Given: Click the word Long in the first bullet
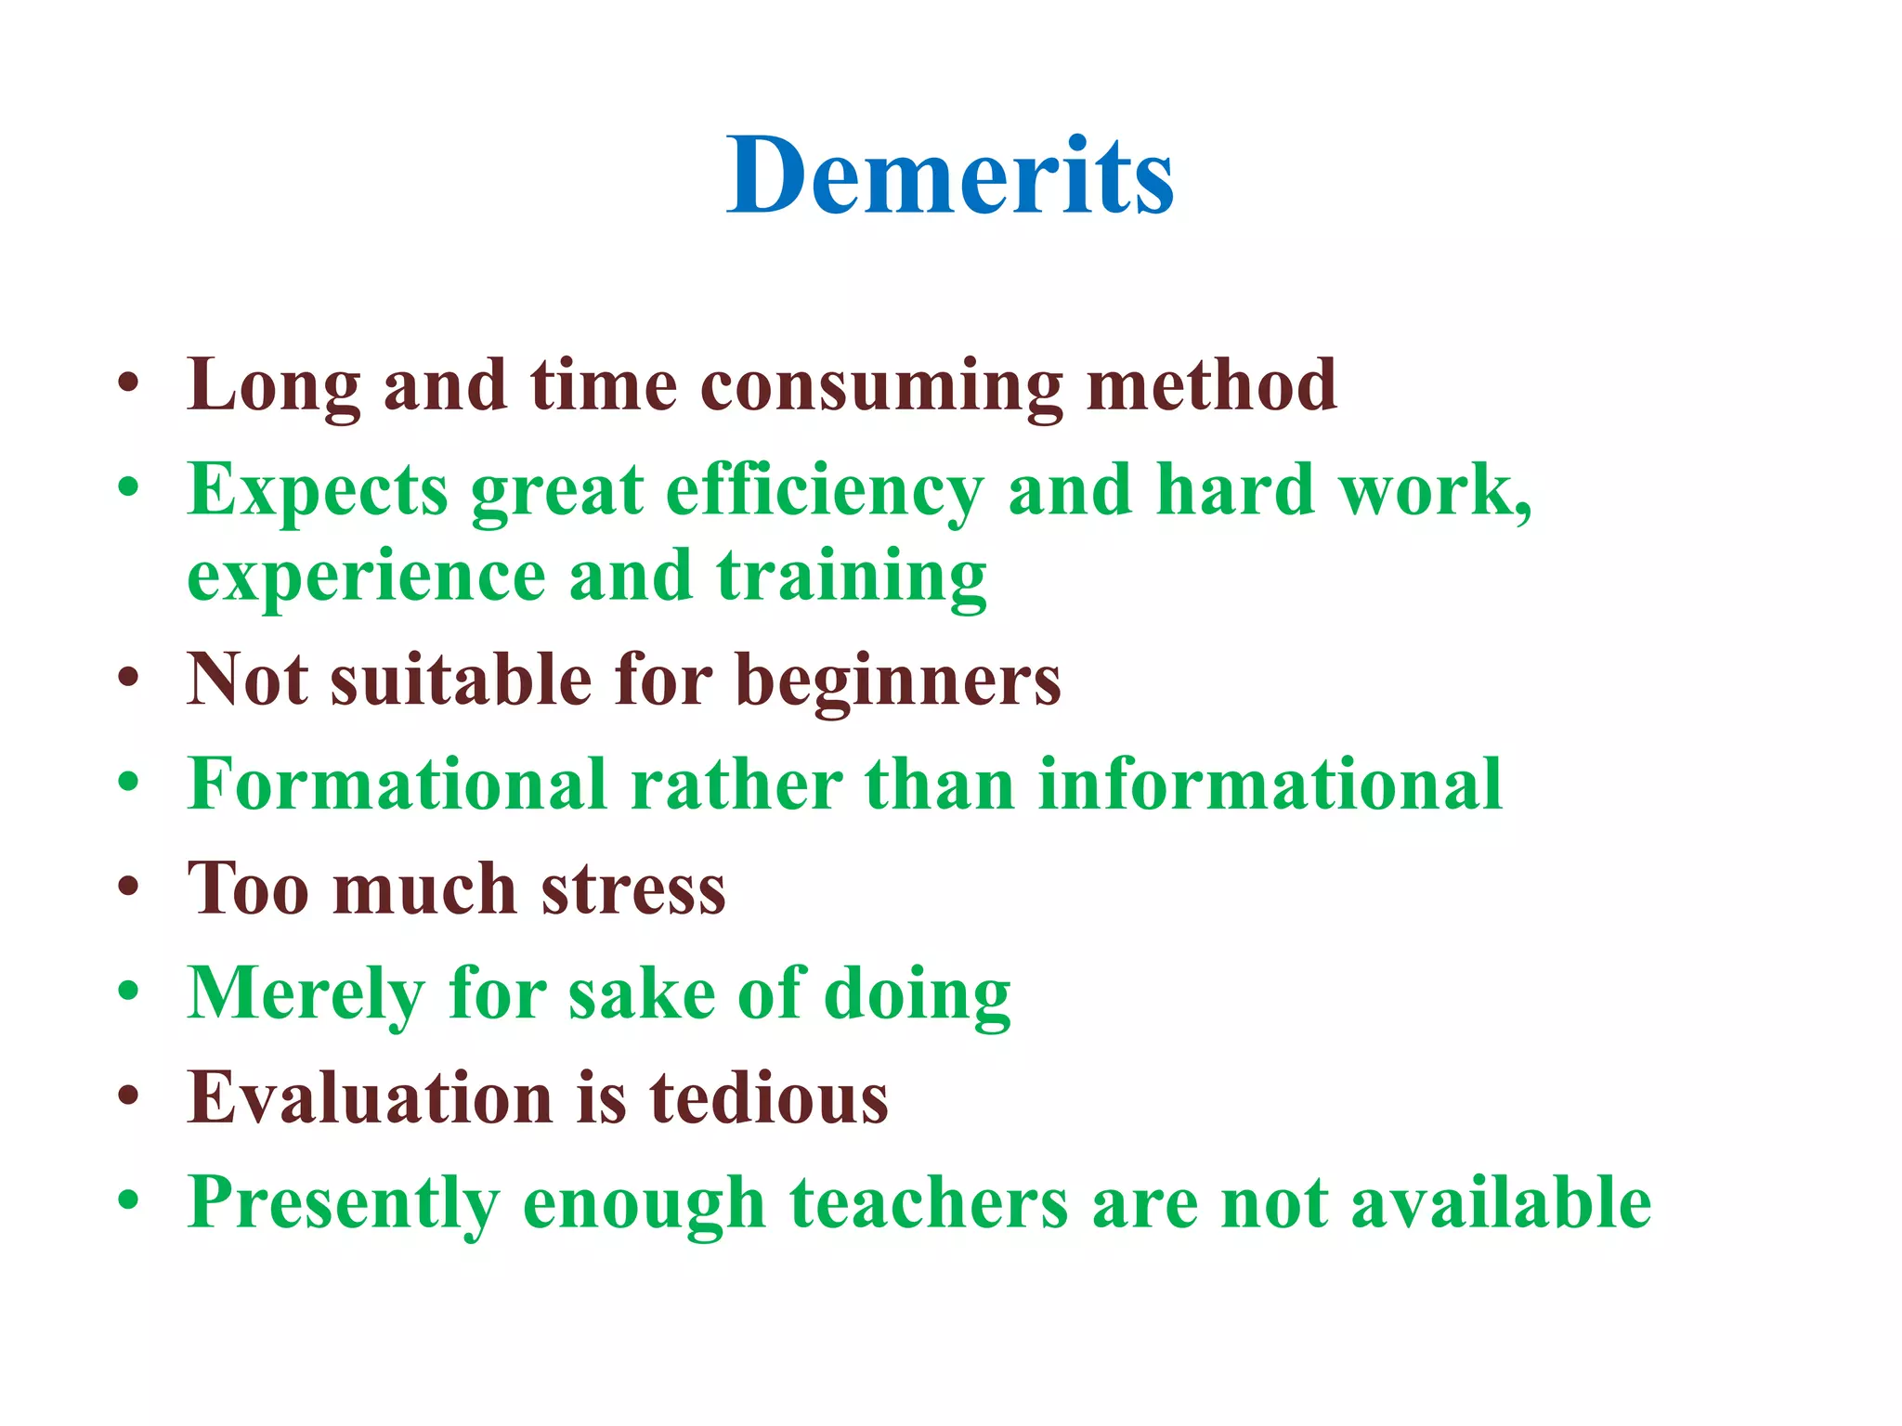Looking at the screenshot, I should [x=273, y=385].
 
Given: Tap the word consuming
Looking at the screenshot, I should [x=880, y=385].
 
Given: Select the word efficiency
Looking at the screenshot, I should [x=824, y=489].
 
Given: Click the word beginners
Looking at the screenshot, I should [x=898, y=680].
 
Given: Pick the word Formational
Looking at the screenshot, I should [x=397, y=784].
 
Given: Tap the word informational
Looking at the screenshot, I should [x=1269, y=784].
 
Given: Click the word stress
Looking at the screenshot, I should [x=633, y=889].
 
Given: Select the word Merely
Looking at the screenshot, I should [x=306, y=993].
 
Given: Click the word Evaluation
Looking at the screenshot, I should [x=371, y=1098].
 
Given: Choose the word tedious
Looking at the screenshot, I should [x=768, y=1098].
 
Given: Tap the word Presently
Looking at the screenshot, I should [x=344, y=1202].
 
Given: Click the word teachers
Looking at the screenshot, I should [x=929, y=1202].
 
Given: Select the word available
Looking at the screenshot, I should [x=1501, y=1202].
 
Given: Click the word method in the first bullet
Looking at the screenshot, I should [x=1211, y=385].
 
